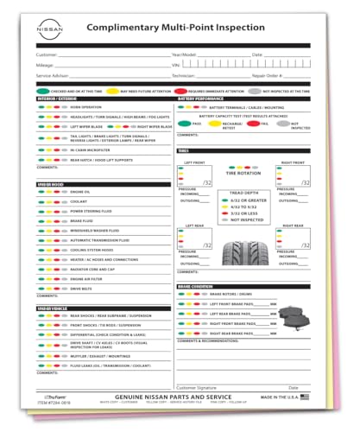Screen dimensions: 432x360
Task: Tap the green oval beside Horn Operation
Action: click(x=41, y=106)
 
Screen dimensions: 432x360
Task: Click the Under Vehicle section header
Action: click(x=52, y=308)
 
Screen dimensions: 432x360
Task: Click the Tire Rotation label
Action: click(x=243, y=173)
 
